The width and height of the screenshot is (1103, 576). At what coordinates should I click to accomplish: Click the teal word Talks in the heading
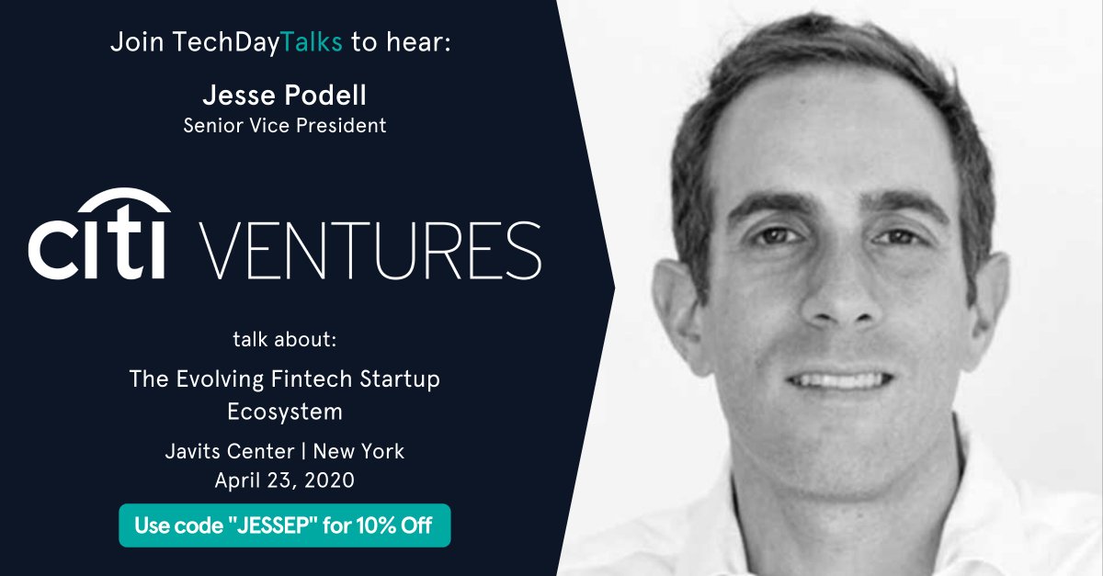312,42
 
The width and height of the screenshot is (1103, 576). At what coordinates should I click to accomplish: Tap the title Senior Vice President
284,125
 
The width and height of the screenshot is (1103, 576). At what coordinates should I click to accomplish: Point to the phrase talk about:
285,340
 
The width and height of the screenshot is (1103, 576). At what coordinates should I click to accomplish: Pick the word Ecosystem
285,412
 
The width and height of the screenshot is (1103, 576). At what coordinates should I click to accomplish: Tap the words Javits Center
219,451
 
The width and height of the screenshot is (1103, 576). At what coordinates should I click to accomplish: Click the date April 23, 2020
285,480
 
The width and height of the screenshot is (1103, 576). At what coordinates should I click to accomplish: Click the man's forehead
827,138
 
